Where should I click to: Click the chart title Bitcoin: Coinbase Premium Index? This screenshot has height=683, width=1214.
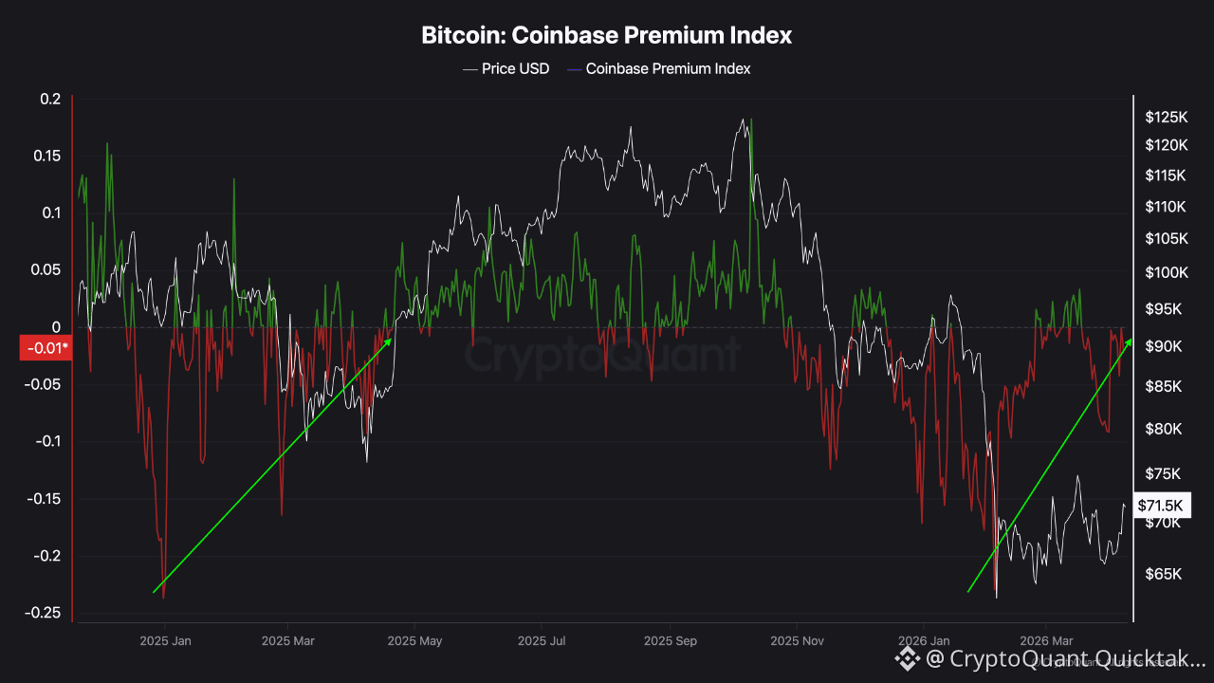(x=606, y=36)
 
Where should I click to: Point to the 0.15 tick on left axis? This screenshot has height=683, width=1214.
(x=46, y=156)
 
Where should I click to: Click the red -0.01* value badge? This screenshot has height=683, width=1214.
(x=46, y=348)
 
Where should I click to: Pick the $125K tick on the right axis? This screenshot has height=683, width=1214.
(x=1166, y=118)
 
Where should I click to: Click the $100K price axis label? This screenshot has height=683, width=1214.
(x=1166, y=273)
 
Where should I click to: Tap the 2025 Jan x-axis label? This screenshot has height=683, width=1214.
(x=165, y=641)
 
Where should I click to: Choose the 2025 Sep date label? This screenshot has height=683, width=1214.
(x=671, y=641)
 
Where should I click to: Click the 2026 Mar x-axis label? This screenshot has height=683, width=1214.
(x=1046, y=641)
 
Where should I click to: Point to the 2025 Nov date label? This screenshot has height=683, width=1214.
(x=798, y=641)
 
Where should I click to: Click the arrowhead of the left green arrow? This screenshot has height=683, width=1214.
(x=390, y=339)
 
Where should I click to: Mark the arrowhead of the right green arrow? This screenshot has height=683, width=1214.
(x=1129, y=339)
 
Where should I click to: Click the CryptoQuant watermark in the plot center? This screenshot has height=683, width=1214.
(x=601, y=355)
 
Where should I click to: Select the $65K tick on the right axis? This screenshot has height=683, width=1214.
(x=1164, y=574)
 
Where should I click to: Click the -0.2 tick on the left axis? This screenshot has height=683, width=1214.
(x=46, y=556)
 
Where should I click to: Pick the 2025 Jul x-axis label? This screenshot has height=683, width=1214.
(x=542, y=641)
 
